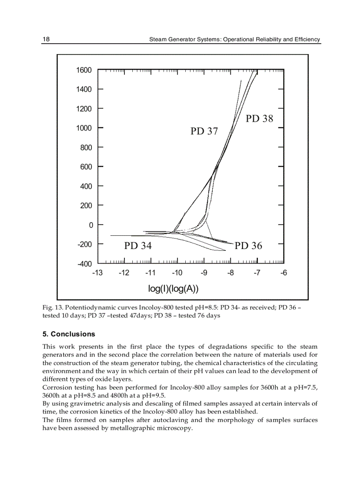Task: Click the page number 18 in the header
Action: coord(46,39)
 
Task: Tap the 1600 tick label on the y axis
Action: coord(84,70)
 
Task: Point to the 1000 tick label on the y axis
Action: coord(84,128)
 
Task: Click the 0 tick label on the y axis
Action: coord(90,225)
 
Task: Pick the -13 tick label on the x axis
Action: coord(97,273)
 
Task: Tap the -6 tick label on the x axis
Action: coord(284,273)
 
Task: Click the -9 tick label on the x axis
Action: coord(204,273)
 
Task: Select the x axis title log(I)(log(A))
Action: coord(173,289)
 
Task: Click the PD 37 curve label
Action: coord(204,131)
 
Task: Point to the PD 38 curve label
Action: coord(259,119)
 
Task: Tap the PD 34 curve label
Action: coord(138,246)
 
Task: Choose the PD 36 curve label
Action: coord(248,246)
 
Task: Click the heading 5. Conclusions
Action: coord(68,334)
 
